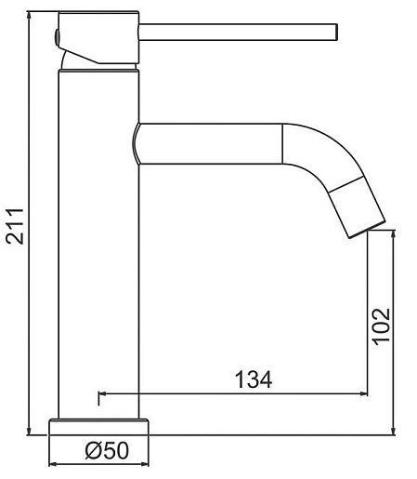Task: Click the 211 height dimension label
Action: [16, 226]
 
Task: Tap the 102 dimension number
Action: [381, 326]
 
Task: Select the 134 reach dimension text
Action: [254, 379]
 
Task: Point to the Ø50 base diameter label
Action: [107, 450]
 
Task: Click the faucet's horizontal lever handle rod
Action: [238, 32]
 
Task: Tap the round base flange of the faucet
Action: [98, 427]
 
